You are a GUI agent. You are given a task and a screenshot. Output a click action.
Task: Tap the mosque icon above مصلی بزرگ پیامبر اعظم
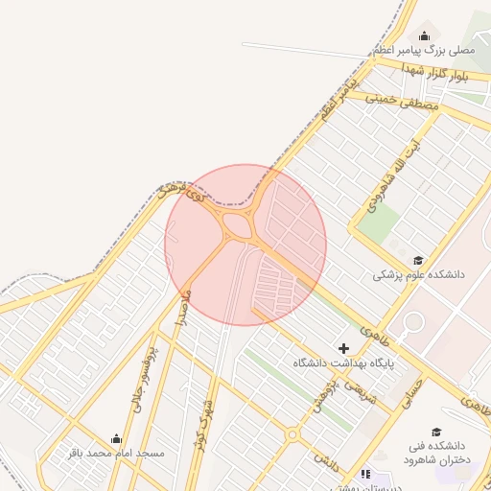425,35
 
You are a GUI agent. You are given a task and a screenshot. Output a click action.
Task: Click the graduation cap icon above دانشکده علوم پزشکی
417,260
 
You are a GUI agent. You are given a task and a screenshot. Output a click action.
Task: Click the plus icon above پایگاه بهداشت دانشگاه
343,347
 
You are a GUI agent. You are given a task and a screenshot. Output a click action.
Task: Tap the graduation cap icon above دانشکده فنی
436,432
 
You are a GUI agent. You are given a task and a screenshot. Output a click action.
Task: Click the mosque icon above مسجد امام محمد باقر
116,438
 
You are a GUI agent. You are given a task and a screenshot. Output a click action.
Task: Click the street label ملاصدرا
182,308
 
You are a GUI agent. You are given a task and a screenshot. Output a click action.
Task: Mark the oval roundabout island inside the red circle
235,226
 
